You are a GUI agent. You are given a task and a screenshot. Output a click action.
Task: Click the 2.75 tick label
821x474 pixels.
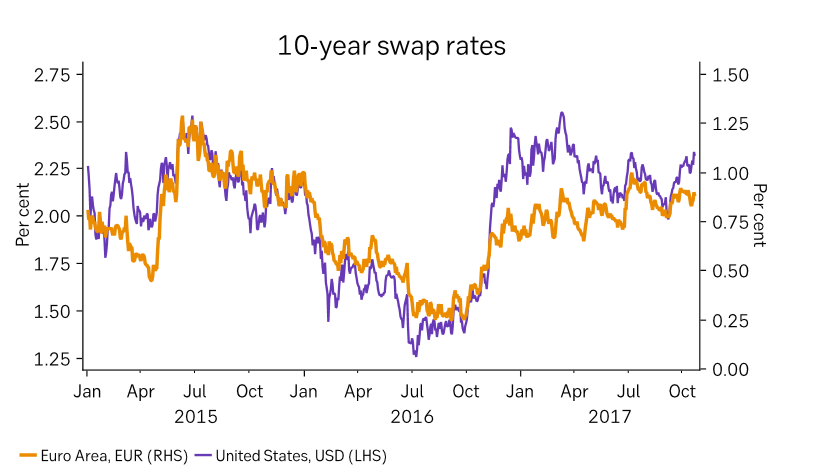(51, 75)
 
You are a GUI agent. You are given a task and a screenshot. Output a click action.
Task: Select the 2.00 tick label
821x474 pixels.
(51, 216)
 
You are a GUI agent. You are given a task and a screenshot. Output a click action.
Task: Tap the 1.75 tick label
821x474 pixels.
(51, 264)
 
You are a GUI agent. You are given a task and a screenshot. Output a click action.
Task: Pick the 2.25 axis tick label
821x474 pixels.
(51, 169)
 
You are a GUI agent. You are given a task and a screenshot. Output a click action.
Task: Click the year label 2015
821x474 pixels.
(195, 414)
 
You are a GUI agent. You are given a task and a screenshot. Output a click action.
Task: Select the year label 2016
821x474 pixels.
(412, 414)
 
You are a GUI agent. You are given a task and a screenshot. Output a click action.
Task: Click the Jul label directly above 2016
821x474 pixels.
(412, 391)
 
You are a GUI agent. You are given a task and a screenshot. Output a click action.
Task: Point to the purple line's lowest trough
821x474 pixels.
(414, 355)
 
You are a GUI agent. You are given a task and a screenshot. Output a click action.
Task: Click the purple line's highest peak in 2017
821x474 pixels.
(562, 113)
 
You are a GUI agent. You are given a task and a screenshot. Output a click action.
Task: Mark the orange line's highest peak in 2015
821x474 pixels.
(182, 118)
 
